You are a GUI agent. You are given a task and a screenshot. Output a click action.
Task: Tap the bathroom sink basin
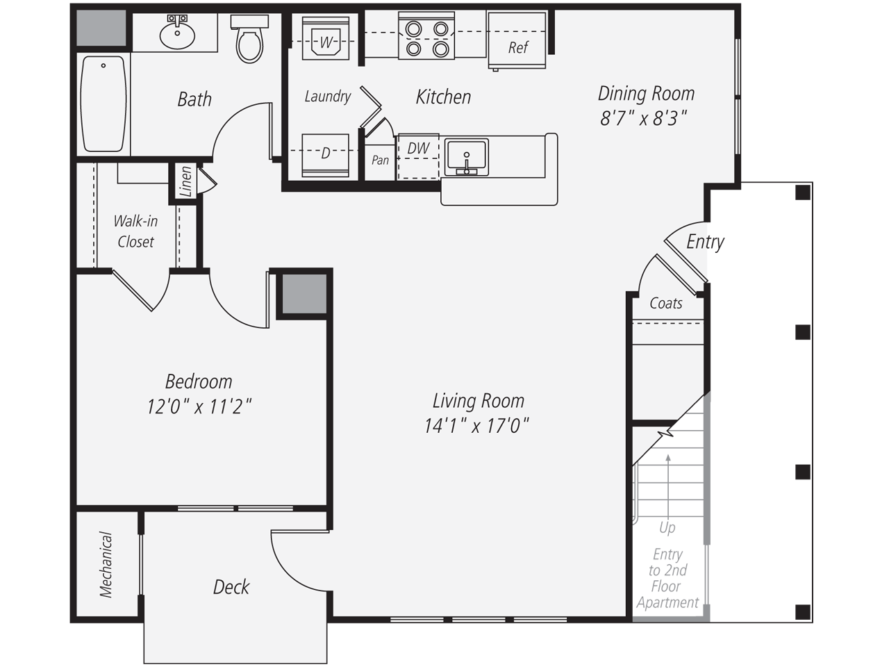click(x=176, y=35)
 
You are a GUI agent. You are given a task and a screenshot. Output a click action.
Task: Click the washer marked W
click(x=325, y=40)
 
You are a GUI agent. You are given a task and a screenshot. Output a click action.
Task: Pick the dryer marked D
click(x=325, y=154)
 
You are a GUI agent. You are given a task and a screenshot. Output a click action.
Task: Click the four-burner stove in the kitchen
click(x=426, y=38)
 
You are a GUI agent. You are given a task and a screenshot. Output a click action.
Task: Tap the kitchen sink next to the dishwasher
click(x=467, y=156)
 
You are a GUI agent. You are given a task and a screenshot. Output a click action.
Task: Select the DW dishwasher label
click(x=418, y=148)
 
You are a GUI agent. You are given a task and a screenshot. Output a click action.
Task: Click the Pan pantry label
click(x=380, y=160)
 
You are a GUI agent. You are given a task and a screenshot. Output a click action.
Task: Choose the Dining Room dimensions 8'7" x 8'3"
click(x=643, y=118)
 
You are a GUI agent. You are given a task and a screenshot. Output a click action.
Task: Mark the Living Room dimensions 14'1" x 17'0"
click(x=476, y=425)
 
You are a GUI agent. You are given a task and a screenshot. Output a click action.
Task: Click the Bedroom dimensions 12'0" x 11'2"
click(x=199, y=406)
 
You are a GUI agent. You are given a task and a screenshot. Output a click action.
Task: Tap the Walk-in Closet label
click(x=135, y=231)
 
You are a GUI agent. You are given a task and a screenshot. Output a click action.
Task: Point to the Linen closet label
click(x=185, y=182)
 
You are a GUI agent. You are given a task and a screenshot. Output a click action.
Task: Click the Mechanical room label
click(x=106, y=564)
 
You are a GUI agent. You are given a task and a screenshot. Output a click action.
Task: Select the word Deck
click(x=231, y=587)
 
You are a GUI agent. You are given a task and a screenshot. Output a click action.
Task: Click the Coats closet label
click(x=665, y=303)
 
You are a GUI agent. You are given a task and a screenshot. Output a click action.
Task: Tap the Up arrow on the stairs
click(x=668, y=486)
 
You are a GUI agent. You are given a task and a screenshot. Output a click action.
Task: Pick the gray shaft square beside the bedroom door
click(x=304, y=293)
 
